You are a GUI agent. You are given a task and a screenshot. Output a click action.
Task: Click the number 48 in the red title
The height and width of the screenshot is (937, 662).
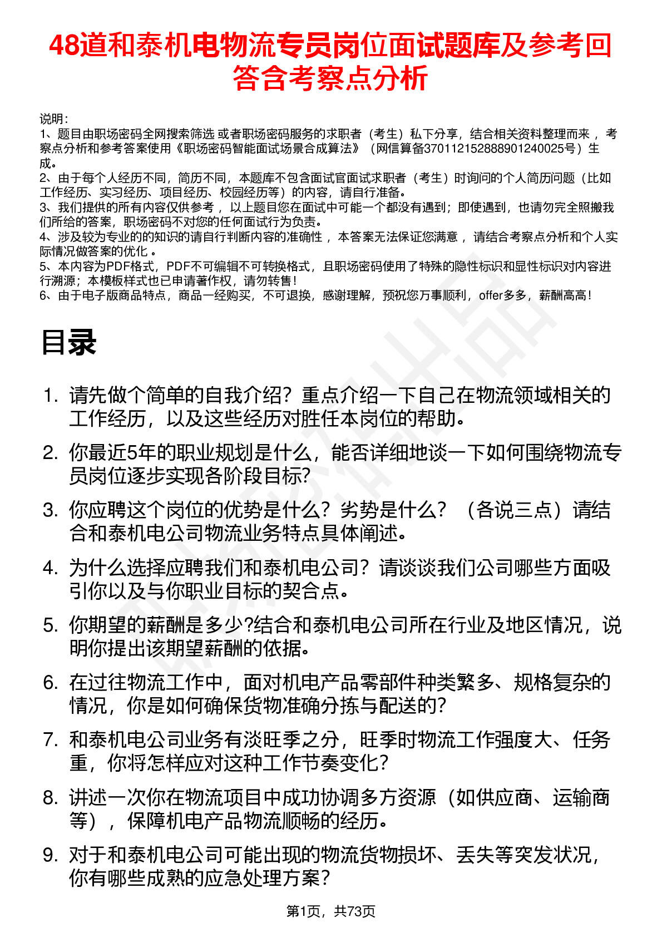tap(64, 46)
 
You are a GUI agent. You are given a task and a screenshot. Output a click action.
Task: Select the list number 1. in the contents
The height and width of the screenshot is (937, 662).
tap(51, 396)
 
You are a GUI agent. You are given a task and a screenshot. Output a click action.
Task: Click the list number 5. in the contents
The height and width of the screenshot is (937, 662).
tap(51, 625)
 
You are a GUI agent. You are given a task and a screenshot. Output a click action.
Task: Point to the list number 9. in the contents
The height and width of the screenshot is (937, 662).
tap(51, 855)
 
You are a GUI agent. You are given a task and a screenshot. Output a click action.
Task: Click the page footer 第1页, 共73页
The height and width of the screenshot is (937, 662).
tap(330, 911)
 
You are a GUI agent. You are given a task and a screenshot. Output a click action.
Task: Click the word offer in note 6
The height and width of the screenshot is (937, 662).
tap(491, 295)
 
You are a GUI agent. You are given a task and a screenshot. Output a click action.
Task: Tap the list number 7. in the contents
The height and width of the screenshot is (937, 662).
tap(51, 740)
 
